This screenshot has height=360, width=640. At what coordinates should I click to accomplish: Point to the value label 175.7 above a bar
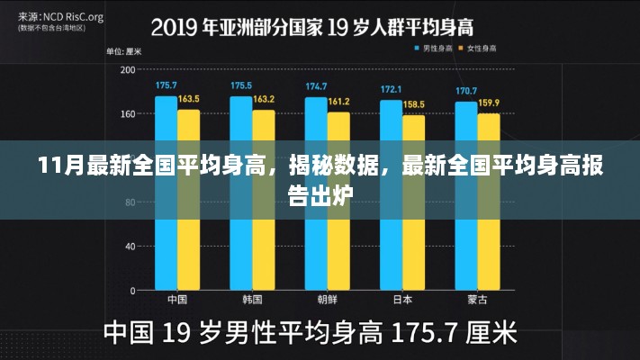click(166, 85)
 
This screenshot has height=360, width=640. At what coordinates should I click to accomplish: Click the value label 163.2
click(264, 98)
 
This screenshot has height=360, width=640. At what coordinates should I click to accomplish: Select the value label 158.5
click(414, 104)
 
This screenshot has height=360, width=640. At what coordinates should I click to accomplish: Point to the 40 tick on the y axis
click(130, 246)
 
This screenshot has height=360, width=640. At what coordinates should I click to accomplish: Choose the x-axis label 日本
click(402, 300)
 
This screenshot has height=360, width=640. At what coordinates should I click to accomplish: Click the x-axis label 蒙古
click(478, 300)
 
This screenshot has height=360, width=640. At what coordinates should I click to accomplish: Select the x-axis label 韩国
click(252, 300)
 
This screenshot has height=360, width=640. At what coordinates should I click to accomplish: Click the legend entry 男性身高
click(434, 47)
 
